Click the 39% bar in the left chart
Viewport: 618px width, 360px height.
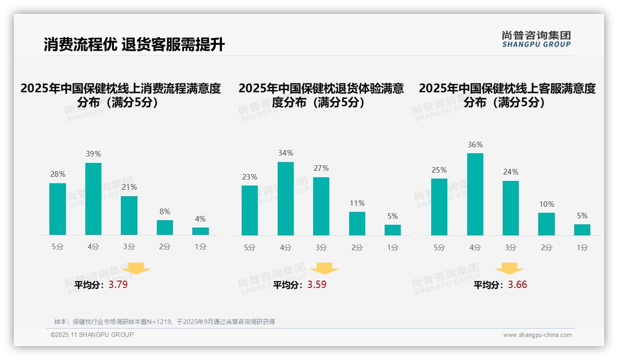pyautogui.click(x=93, y=199)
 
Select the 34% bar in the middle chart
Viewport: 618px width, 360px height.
pyautogui.click(x=285, y=198)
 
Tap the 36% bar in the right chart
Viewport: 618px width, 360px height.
pyautogui.click(x=475, y=194)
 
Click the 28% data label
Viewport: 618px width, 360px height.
pyautogui.click(x=58, y=174)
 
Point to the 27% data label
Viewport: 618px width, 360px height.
pyautogui.click(x=321, y=168)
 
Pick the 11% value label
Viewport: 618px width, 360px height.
pyautogui.click(x=357, y=203)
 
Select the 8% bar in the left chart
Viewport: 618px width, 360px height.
pyautogui.click(x=165, y=228)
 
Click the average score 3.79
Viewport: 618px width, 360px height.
pyautogui.click(x=118, y=285)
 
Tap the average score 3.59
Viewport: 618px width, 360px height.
pyautogui.click(x=317, y=285)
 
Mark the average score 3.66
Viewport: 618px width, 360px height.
pyautogui.click(x=517, y=285)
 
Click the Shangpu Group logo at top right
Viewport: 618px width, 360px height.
pyautogui.click(x=536, y=39)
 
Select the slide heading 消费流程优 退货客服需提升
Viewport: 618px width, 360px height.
pyautogui.click(x=134, y=45)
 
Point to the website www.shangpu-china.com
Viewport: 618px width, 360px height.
pyautogui.click(x=537, y=335)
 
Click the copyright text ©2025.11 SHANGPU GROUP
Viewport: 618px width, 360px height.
pyautogui.click(x=92, y=335)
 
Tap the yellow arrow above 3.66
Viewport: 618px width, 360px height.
pyautogui.click(x=509, y=269)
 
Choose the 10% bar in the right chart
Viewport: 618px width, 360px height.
pyautogui.click(x=547, y=224)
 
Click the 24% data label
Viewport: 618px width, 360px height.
pyautogui.click(x=511, y=172)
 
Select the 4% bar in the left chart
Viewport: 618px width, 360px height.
pyautogui.click(x=201, y=231)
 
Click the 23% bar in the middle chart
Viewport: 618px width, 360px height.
pyautogui.click(x=250, y=210)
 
